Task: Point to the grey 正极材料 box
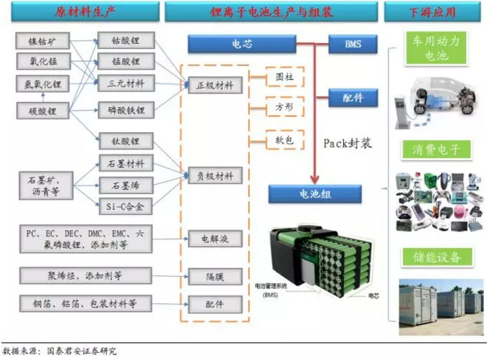[x=214, y=85]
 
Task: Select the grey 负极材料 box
[x=214, y=175]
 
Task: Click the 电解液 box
[x=214, y=238]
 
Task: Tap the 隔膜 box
[x=214, y=274]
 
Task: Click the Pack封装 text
[x=349, y=144]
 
